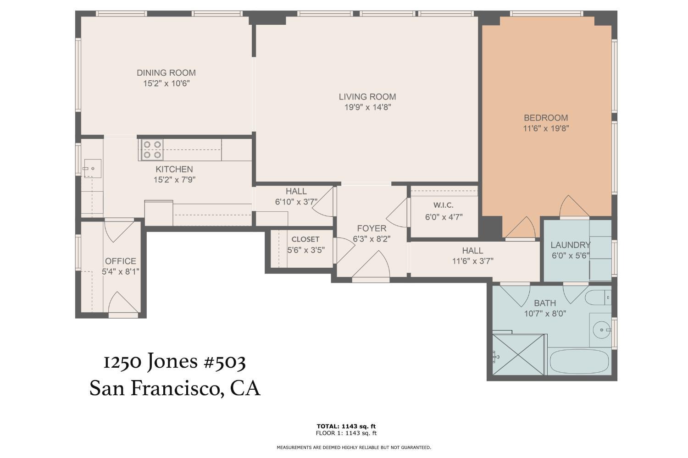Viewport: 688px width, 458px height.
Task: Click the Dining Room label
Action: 166,72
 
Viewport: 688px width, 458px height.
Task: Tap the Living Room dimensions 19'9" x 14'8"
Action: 367,108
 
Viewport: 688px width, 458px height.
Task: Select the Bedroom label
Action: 546,118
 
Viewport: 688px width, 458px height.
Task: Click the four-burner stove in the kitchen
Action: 152,149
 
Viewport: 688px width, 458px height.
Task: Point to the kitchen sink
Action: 92,169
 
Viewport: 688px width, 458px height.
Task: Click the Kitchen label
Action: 174,169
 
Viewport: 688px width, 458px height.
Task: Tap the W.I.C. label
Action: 444,205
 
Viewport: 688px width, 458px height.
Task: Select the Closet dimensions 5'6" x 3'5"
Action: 306,250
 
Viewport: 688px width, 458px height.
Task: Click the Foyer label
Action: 372,228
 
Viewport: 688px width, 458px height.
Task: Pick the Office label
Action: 121,261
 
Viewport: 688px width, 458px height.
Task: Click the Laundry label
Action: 570,245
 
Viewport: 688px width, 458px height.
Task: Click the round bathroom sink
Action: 601,329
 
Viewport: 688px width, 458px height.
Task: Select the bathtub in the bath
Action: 578,361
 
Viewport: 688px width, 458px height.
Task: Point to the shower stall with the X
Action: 518,355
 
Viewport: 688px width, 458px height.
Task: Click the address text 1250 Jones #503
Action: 174,362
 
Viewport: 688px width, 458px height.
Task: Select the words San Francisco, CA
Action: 175,388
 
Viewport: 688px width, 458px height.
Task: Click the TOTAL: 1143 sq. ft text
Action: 346,426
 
